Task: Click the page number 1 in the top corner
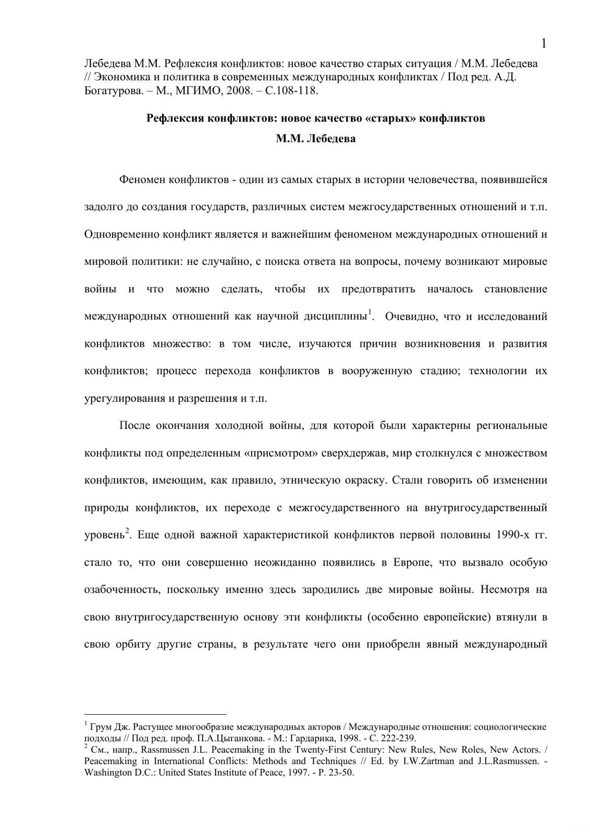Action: pyautogui.click(x=544, y=43)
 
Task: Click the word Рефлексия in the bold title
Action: pyautogui.click(x=175, y=118)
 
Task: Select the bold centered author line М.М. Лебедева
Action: pyautogui.click(x=315, y=139)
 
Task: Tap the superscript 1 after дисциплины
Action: pyautogui.click(x=370, y=313)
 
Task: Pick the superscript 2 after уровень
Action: pyautogui.click(x=127, y=532)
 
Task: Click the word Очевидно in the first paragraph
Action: pyautogui.click(x=407, y=316)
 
